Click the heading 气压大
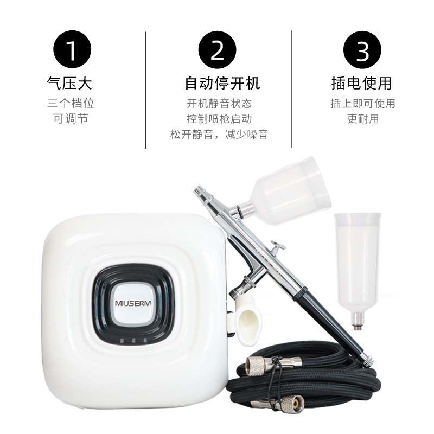[x=71, y=83]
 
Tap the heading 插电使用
[x=362, y=83]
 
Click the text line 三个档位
[x=71, y=103]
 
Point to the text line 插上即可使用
[x=363, y=103]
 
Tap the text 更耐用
[x=363, y=118]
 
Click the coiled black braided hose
[x=304, y=385]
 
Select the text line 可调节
[x=71, y=118]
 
